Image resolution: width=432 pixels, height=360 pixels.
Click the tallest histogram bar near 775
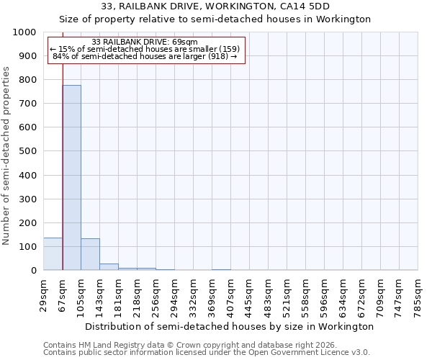(71, 177)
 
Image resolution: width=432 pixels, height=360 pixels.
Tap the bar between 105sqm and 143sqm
(90, 254)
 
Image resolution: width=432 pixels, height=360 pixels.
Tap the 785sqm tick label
(418, 293)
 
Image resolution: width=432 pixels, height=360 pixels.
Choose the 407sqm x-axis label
(231, 293)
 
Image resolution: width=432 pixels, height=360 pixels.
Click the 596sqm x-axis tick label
(325, 293)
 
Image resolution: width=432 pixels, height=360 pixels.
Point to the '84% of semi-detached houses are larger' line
(145, 57)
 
